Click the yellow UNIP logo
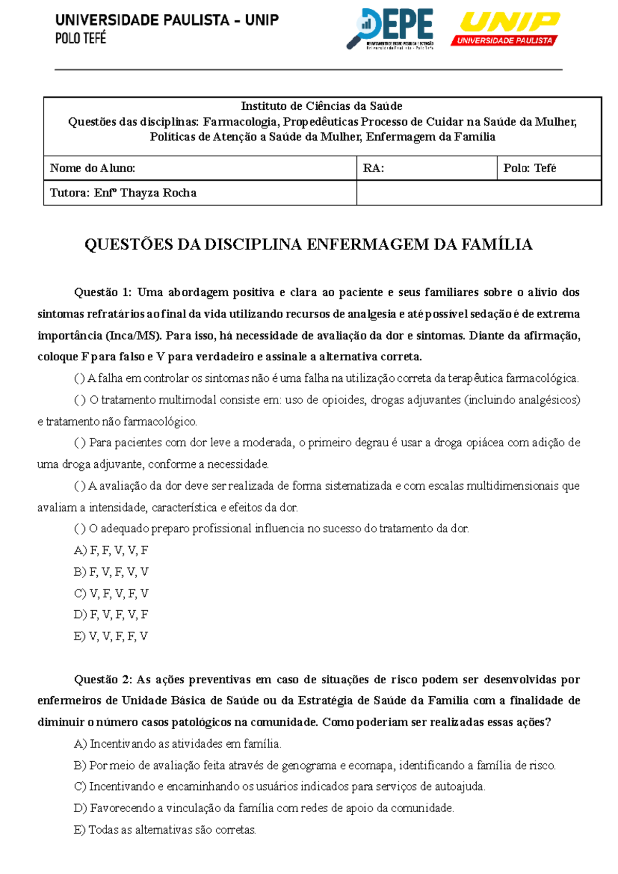pos(506,28)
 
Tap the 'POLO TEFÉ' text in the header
pos(81,38)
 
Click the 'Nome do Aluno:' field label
pos(93,168)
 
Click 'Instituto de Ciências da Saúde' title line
pos(322,106)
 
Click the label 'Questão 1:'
pos(103,292)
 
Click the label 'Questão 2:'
pos(103,679)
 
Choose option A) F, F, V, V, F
pos(111,550)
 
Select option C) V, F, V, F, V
pos(111,593)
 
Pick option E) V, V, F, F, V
pos(111,636)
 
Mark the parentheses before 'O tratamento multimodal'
pos(80,400)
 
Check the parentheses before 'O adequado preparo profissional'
pos(80,529)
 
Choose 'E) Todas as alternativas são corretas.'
pos(165,830)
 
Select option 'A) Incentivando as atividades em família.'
pos(178,744)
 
